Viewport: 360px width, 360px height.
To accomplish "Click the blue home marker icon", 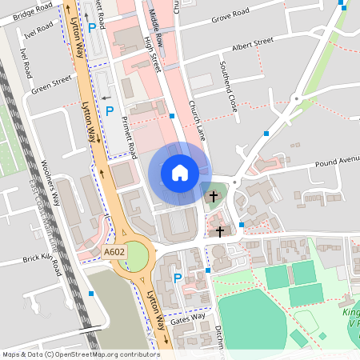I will click(x=179, y=173).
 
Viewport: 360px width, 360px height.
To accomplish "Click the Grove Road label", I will click(x=229, y=18).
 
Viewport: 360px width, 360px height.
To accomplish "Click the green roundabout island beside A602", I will click(x=137, y=256).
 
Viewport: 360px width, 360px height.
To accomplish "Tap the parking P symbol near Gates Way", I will click(x=178, y=279).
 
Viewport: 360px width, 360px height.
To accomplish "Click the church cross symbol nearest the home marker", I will click(x=213, y=196).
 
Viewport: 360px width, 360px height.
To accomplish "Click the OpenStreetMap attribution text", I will click(x=80, y=354).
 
